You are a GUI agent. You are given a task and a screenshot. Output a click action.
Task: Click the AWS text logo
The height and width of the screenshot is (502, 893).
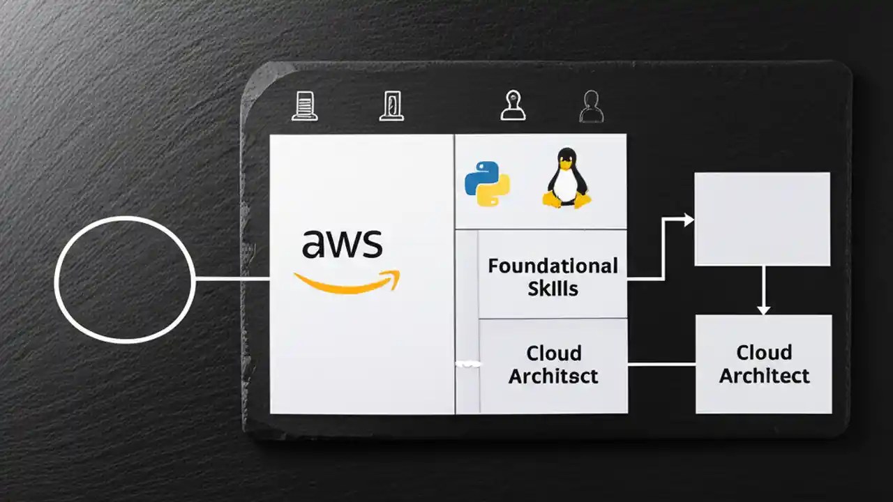coord(342,245)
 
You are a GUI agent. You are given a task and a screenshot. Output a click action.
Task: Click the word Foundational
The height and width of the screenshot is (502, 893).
coord(553,266)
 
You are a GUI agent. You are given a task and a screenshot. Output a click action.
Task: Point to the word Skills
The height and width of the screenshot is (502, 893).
coord(553,288)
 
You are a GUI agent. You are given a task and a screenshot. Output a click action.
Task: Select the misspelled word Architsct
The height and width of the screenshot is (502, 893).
coord(553,376)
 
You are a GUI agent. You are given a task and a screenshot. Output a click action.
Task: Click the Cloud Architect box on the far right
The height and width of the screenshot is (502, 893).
coord(764,364)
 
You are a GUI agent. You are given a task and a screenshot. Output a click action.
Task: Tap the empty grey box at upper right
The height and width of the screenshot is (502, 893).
coord(763,219)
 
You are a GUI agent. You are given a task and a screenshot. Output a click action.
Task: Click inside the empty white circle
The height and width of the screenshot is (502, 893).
coord(123,279)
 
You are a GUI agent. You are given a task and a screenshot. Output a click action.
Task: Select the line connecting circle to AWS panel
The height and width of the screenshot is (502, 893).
coord(232,279)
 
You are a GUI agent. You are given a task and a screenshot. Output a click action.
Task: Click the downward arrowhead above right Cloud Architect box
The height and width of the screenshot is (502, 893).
coord(763,308)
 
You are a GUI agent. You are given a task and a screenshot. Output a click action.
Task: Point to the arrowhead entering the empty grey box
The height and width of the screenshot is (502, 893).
coord(689,220)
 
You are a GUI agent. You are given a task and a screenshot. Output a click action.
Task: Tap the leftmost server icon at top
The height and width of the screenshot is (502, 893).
coord(305,107)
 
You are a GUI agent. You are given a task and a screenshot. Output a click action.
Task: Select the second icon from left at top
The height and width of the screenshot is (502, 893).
coord(392,107)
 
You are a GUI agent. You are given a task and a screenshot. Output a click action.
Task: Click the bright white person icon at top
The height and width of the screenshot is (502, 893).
coord(513,105)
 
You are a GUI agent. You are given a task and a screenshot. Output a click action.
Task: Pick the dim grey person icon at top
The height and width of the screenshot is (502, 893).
coord(592,107)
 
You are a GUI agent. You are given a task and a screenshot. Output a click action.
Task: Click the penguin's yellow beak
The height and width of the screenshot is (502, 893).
coord(566,164)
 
